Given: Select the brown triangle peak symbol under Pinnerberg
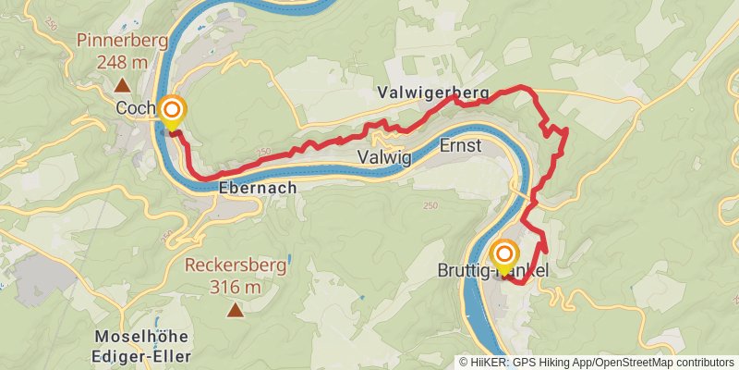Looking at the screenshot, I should [121, 85].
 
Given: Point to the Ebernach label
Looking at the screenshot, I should [259, 188].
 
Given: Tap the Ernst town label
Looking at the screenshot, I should [460, 146].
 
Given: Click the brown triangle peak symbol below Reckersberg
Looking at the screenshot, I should [236, 311].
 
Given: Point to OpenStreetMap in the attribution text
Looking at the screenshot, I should [633, 363].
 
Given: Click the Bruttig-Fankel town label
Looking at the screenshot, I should [492, 272].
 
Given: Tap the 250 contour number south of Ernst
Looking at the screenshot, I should [429, 205].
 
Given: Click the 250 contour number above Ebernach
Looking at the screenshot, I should [265, 153].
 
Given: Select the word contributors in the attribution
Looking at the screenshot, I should [705, 363].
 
